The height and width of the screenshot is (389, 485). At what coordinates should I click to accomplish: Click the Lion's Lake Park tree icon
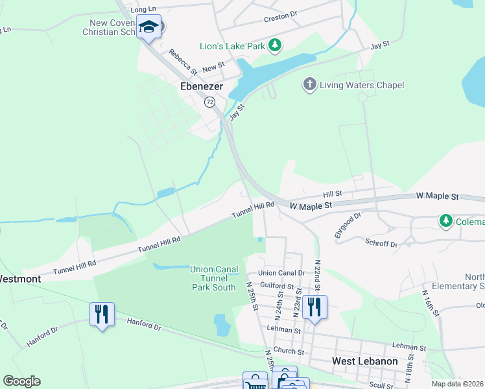[x=276, y=45]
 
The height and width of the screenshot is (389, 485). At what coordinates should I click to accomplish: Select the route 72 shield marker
[x=209, y=102]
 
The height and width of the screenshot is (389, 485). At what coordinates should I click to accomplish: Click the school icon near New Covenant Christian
[x=149, y=27]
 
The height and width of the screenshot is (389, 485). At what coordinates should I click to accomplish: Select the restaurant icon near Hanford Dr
[x=102, y=314]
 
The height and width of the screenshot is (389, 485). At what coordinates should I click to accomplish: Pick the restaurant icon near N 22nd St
[x=314, y=307]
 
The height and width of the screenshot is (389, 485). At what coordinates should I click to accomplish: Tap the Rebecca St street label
[x=182, y=60]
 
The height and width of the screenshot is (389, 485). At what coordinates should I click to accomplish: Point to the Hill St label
[x=332, y=194]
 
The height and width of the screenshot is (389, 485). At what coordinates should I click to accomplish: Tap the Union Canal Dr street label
[x=281, y=273]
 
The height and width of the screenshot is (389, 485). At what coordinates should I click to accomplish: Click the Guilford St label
[x=277, y=285]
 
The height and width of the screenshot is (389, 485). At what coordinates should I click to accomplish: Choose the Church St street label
[x=289, y=351]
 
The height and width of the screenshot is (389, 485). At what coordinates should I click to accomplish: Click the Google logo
[x=21, y=381]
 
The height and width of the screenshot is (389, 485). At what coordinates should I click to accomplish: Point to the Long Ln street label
[x=144, y=10]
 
